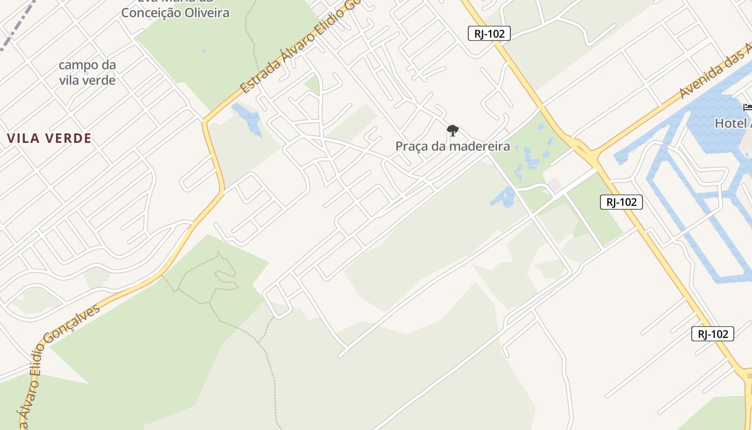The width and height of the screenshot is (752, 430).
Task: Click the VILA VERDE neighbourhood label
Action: click(x=49, y=139)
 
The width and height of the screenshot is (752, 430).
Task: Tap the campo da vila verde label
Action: click(x=87, y=73)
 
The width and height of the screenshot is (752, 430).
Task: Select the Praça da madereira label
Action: click(x=452, y=146)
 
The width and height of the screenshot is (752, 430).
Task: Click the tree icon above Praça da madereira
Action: click(x=452, y=130)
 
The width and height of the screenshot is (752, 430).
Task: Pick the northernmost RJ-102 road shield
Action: click(x=488, y=33)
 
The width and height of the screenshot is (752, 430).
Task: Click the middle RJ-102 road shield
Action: click(x=621, y=202)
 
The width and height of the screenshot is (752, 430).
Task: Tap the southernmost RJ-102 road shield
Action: click(x=712, y=334)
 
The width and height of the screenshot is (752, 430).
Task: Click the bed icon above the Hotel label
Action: click(x=747, y=107)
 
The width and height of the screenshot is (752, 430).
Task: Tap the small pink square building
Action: click(x=555, y=185)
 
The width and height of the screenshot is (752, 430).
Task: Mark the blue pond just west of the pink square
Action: click(x=504, y=198)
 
